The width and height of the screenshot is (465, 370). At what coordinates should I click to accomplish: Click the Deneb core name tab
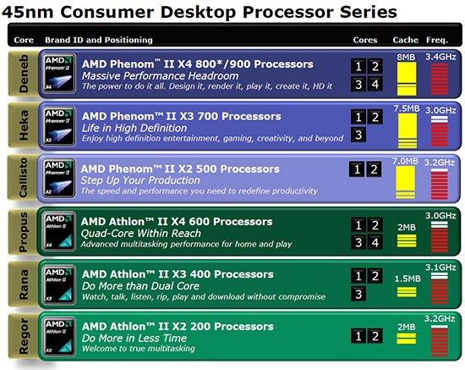[x=24, y=74]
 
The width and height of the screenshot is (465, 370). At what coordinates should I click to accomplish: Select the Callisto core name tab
[x=23, y=178]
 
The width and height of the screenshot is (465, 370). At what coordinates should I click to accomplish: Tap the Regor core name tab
[x=24, y=336]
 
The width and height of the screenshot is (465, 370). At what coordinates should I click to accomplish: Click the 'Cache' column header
[x=405, y=40]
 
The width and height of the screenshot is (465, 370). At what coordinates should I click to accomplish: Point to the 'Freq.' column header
[x=437, y=40]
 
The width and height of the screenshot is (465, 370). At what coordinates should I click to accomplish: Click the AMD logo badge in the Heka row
[x=58, y=126]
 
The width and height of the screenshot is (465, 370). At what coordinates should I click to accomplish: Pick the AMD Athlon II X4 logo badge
[x=58, y=231]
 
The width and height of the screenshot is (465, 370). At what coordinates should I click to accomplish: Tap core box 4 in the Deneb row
[x=375, y=85]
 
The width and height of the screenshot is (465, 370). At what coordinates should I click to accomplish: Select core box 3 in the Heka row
[x=358, y=135]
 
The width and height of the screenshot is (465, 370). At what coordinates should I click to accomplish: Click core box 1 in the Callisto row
[x=357, y=169]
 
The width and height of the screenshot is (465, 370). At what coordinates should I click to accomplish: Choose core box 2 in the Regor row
[x=375, y=336]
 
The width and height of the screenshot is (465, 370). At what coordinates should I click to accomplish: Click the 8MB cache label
[x=406, y=57]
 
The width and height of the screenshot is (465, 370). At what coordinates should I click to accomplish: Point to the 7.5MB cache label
[x=407, y=108]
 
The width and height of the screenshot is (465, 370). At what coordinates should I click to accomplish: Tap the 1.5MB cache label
[x=408, y=279]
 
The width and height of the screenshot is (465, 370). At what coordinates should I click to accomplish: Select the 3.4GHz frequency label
[x=440, y=57]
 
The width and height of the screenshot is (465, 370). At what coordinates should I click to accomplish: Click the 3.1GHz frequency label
[x=440, y=268]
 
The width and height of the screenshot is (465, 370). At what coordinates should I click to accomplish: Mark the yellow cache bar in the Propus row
[x=407, y=240]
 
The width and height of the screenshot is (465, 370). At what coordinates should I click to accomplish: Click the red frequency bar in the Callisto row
[x=440, y=184]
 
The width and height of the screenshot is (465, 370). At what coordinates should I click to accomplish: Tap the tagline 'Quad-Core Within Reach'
[x=141, y=234]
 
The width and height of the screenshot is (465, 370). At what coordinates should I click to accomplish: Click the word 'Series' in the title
[x=369, y=13]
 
